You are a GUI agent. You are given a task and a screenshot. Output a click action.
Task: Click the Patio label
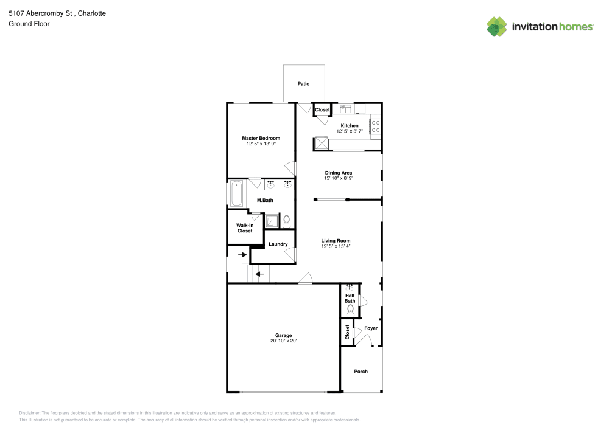coord(303,83)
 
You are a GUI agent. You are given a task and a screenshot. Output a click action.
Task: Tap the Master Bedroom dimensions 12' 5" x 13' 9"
coord(261,145)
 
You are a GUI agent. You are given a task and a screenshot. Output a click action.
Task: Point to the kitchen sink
coord(346,109)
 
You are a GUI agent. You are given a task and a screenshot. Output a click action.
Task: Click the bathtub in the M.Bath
coord(236,194)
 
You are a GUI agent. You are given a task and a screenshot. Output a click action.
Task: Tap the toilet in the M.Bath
coord(286,221)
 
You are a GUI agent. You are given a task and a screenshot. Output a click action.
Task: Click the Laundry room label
coord(278,244)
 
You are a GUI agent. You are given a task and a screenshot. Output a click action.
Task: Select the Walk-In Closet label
coord(244,228)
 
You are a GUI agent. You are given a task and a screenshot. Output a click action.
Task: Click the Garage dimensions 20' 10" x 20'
coord(283,341)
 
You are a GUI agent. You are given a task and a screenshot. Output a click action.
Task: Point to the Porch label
coord(361,372)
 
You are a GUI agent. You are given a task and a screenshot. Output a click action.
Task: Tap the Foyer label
coord(371,328)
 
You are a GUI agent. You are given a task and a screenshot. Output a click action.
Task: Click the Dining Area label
coord(339,173)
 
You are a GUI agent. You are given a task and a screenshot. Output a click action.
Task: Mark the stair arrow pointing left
coord(259,274)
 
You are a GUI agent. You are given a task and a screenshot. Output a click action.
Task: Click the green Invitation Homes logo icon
coord(496,26)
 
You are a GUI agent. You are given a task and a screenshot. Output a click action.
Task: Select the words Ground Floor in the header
coord(29,24)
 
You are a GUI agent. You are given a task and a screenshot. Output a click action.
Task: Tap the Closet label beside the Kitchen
coord(322,110)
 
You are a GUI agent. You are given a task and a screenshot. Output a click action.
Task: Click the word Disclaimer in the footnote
coord(30,412)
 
